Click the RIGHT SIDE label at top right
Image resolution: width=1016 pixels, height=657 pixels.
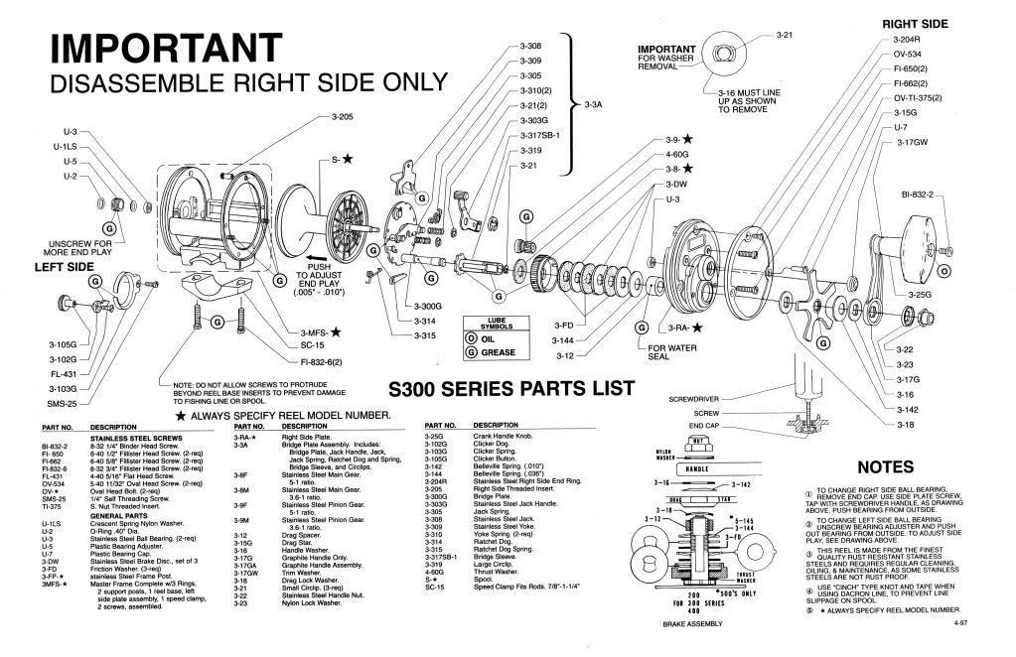tap(914, 23)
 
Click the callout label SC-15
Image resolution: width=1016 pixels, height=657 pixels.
tap(314, 347)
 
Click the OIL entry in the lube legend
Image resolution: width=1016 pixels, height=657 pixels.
tap(485, 338)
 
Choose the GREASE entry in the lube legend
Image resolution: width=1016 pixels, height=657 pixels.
tap(491, 351)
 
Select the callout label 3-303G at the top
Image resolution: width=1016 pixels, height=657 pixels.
tap(532, 120)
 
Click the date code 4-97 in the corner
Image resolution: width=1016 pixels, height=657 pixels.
tap(959, 623)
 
